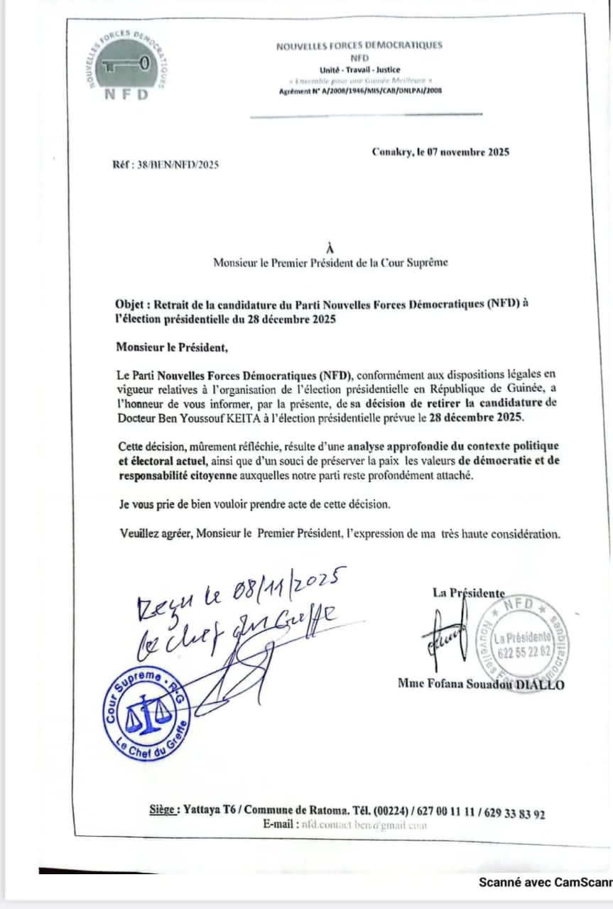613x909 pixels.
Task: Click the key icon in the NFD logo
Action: (x=126, y=65)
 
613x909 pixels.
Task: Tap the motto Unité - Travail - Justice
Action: (x=359, y=70)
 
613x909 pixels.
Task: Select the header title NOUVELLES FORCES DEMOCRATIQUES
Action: (x=359, y=45)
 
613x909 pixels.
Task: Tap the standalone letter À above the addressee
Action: (x=328, y=248)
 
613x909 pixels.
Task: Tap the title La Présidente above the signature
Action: (x=469, y=593)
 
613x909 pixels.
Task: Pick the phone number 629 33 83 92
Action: (x=515, y=814)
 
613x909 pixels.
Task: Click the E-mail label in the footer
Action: (x=280, y=824)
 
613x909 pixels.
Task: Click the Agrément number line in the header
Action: (x=360, y=91)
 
